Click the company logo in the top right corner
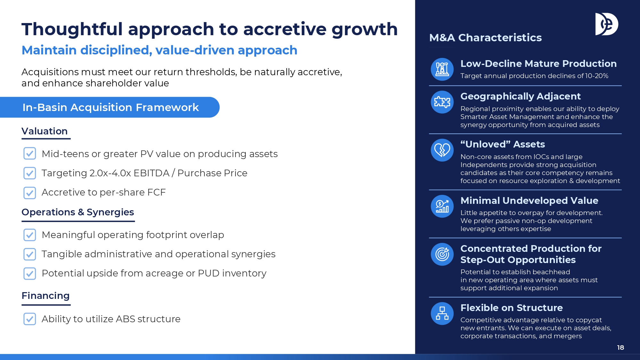coord(606,24)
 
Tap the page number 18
coord(620,348)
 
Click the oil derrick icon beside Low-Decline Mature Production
coord(442,69)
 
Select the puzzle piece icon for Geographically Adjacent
coord(442,102)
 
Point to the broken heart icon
coord(442,150)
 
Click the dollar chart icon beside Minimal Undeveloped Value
coord(442,206)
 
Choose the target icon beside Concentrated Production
coord(442,254)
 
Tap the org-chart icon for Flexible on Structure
coord(442,314)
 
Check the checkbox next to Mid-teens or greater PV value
coord(30,154)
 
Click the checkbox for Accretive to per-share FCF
coord(30,193)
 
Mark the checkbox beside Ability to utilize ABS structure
coord(30,319)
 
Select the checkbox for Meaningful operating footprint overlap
coord(30,235)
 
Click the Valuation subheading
coord(44,131)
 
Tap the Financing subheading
coord(45,296)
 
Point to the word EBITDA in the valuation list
coord(151,173)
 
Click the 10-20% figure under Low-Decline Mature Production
coord(597,76)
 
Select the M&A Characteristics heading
coord(485,38)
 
